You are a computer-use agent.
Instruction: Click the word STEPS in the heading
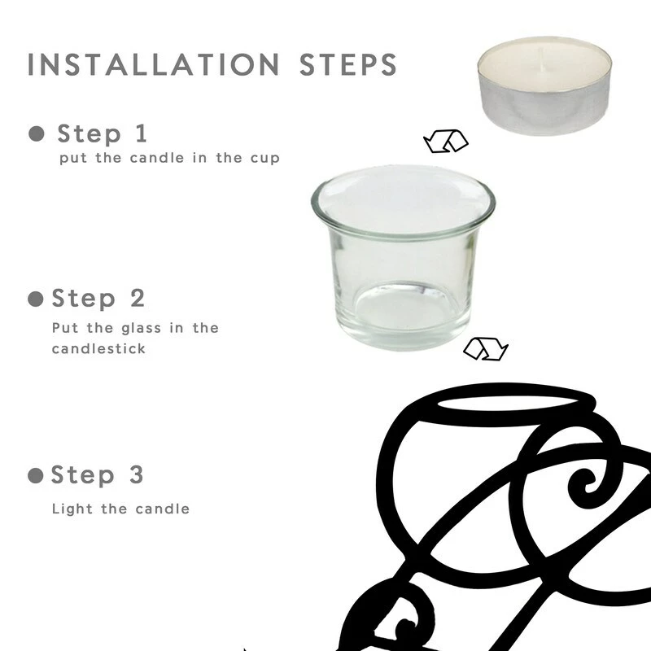click(348, 65)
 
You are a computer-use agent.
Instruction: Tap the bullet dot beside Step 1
click(37, 133)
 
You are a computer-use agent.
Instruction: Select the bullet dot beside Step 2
click(36, 299)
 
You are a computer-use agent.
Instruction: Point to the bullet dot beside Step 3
click(36, 475)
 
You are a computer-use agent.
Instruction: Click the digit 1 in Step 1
click(141, 133)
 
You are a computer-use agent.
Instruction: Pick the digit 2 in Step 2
click(138, 298)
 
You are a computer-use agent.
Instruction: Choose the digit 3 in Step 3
click(137, 474)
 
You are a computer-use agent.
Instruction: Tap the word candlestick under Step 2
click(98, 348)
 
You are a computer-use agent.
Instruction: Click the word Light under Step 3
click(72, 509)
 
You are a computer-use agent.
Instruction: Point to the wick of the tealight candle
click(540, 56)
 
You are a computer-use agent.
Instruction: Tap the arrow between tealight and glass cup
click(446, 141)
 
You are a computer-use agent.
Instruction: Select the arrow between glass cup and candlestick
click(486, 349)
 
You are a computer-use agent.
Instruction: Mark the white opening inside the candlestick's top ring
click(507, 404)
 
